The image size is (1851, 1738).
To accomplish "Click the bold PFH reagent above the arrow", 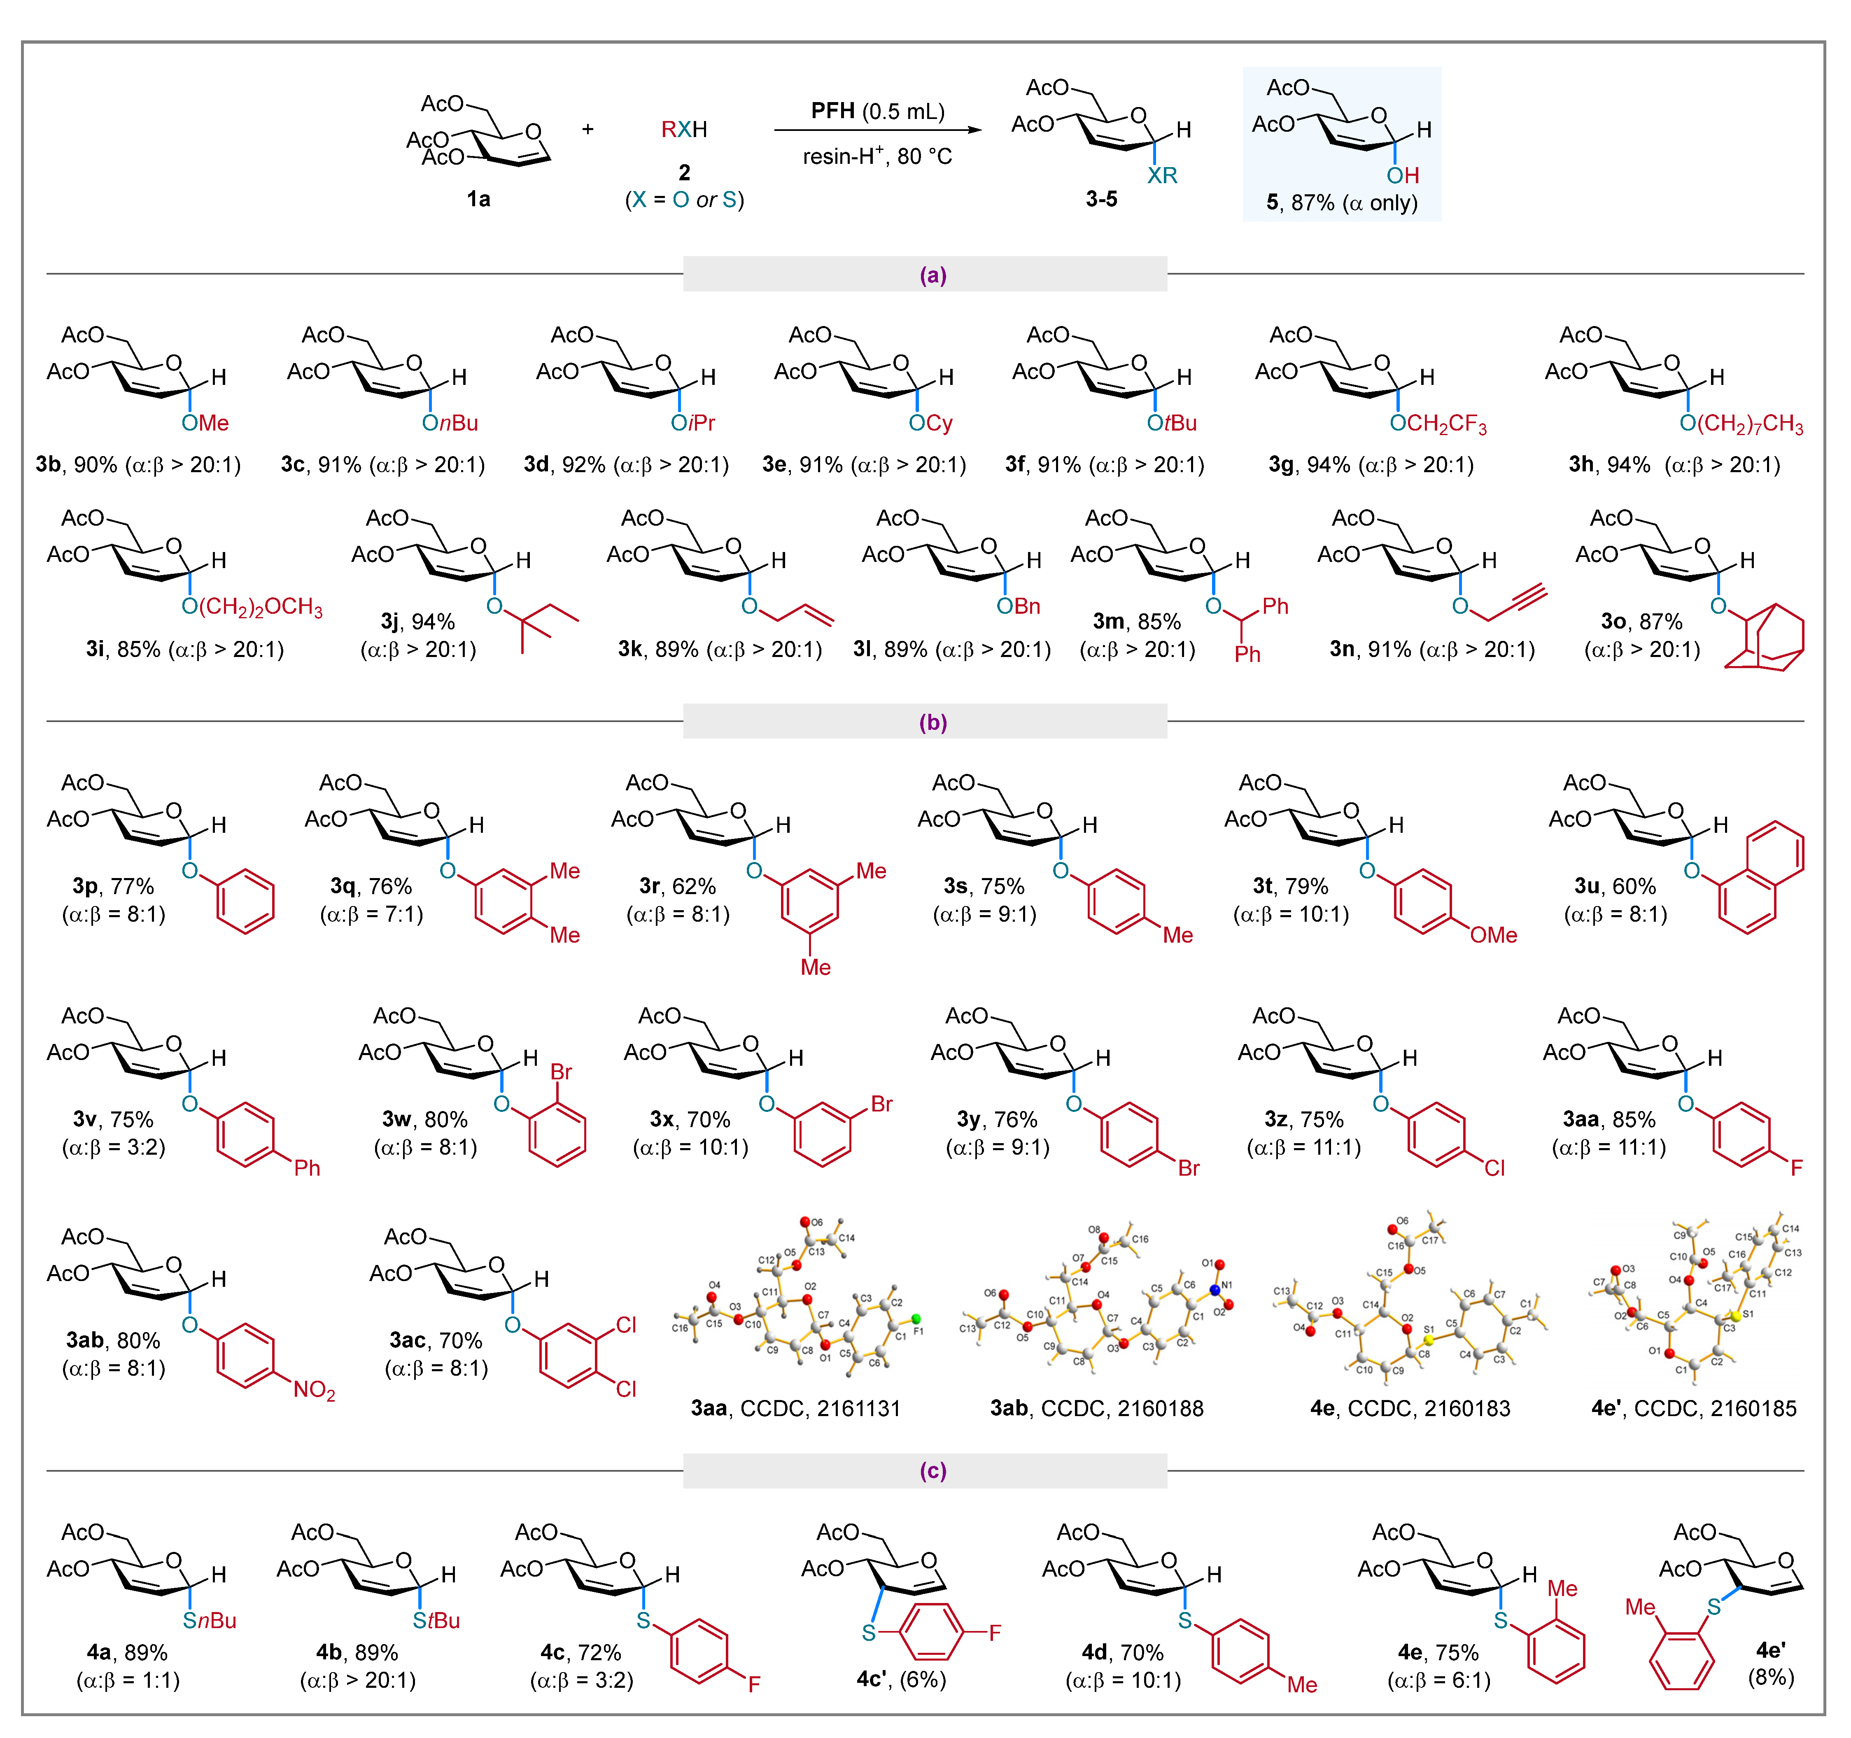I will pyautogui.click(x=832, y=112).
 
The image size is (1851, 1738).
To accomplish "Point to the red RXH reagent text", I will pyautogui.click(x=683, y=129).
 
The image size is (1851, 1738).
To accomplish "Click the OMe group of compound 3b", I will pyautogui.click(x=206, y=424).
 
